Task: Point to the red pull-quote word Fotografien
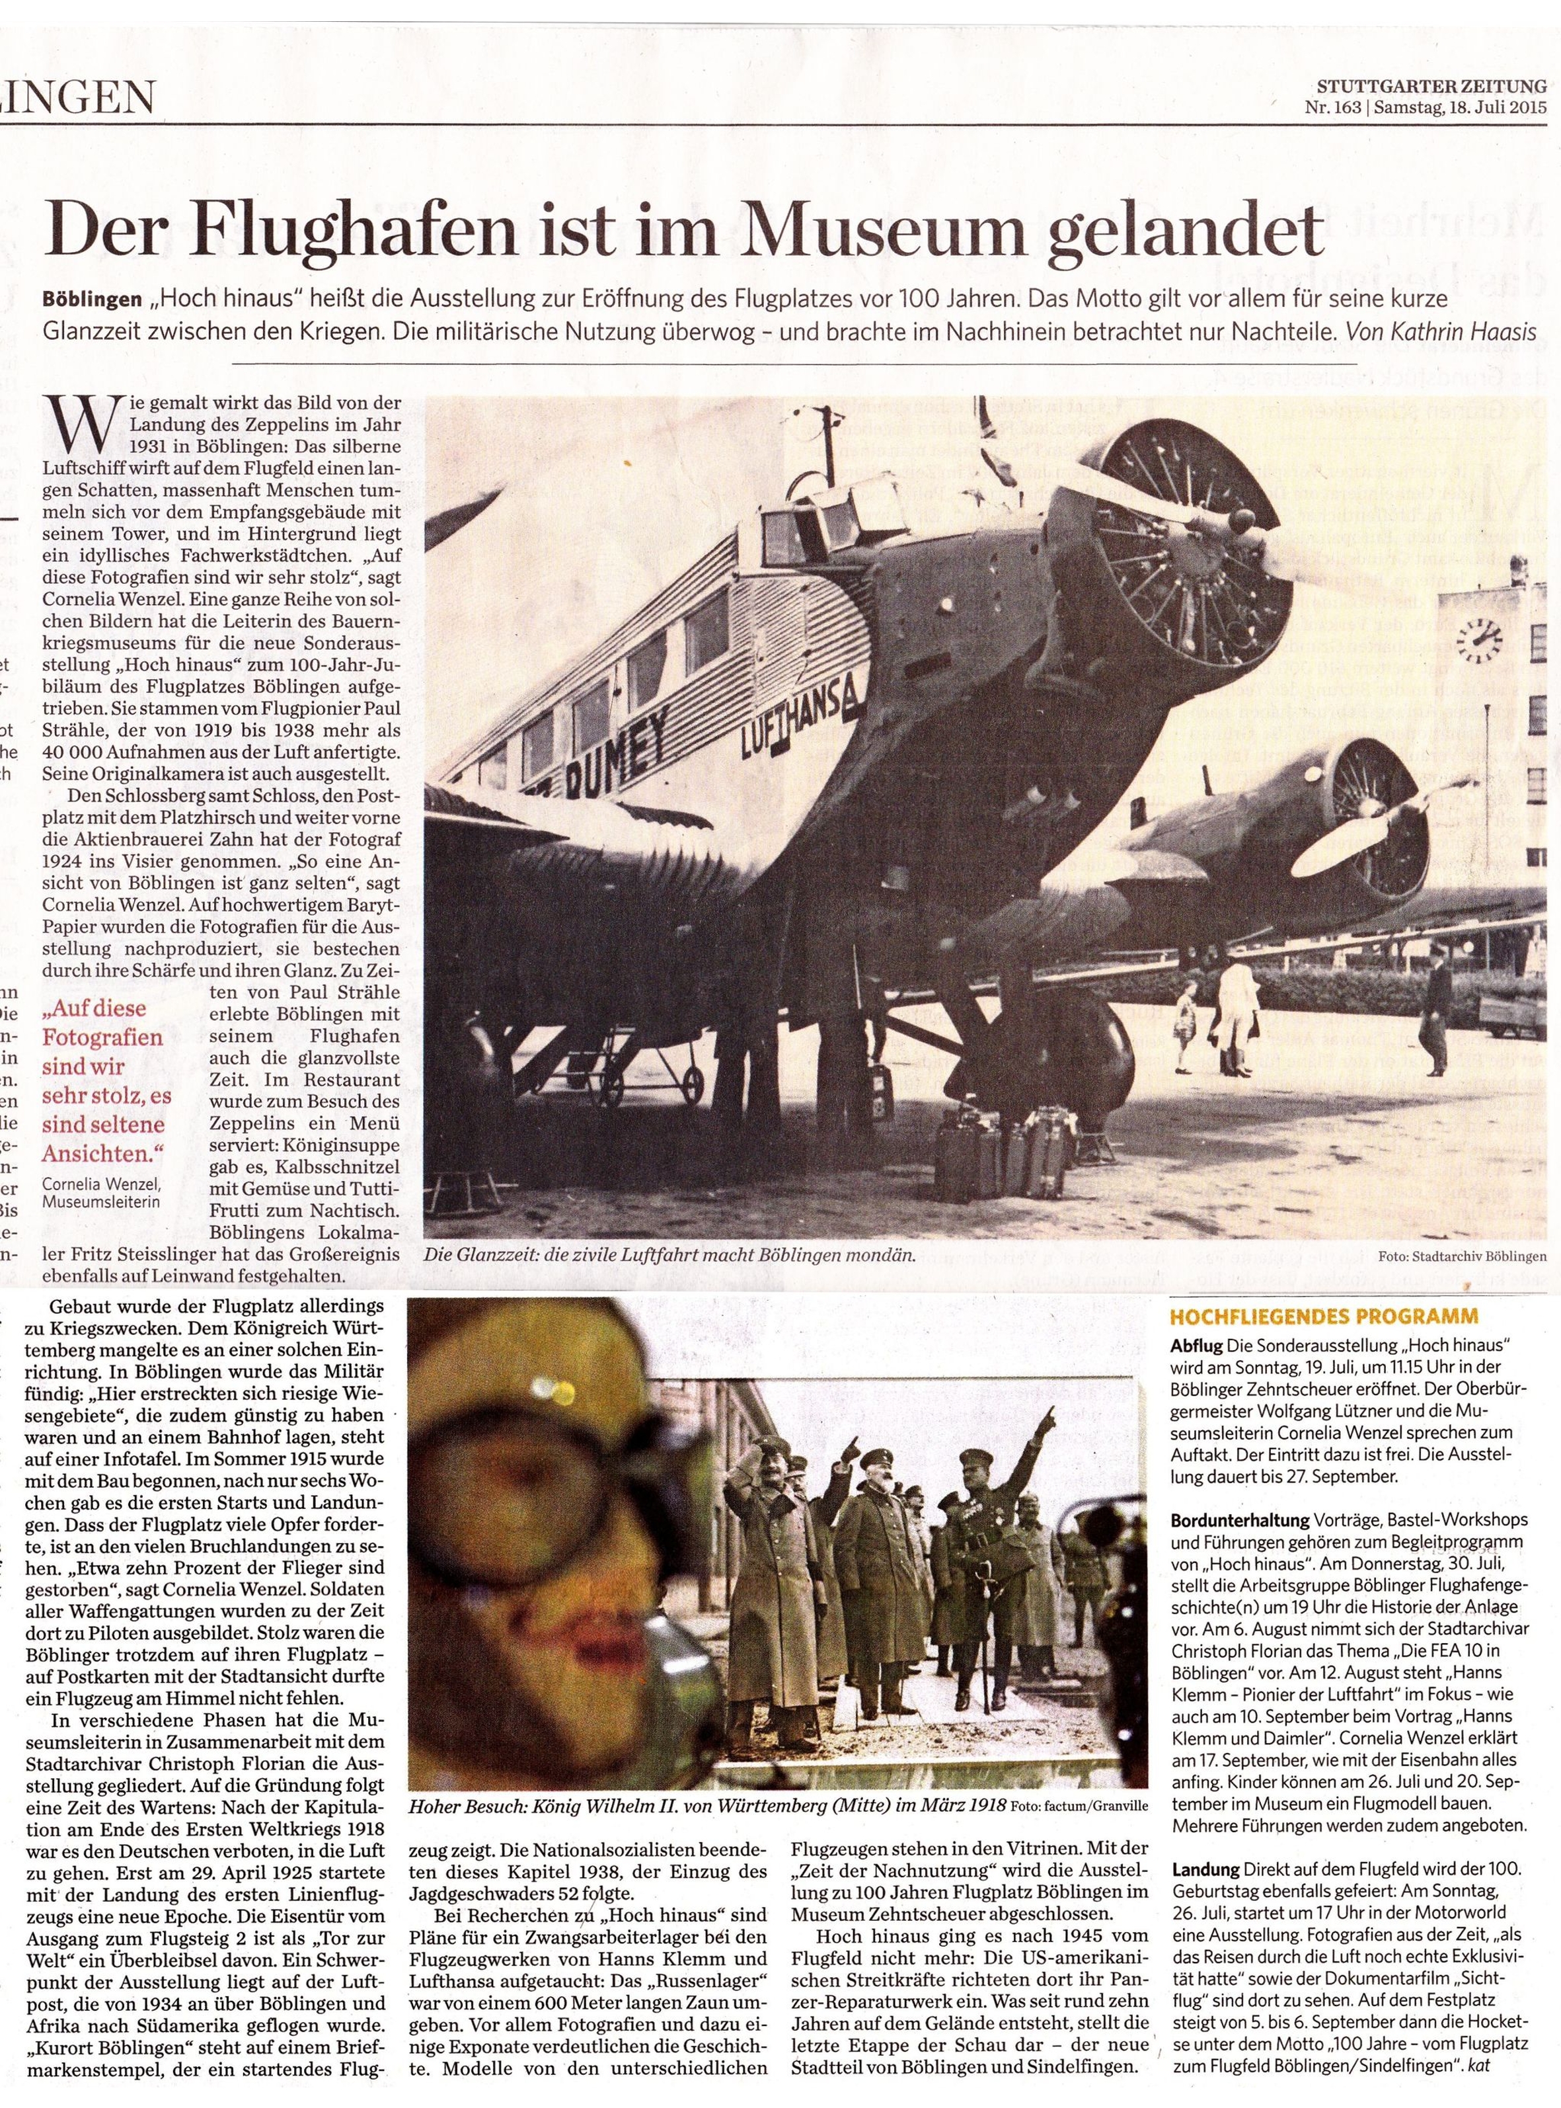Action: (x=102, y=1037)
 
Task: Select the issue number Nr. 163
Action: (x=1330, y=108)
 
